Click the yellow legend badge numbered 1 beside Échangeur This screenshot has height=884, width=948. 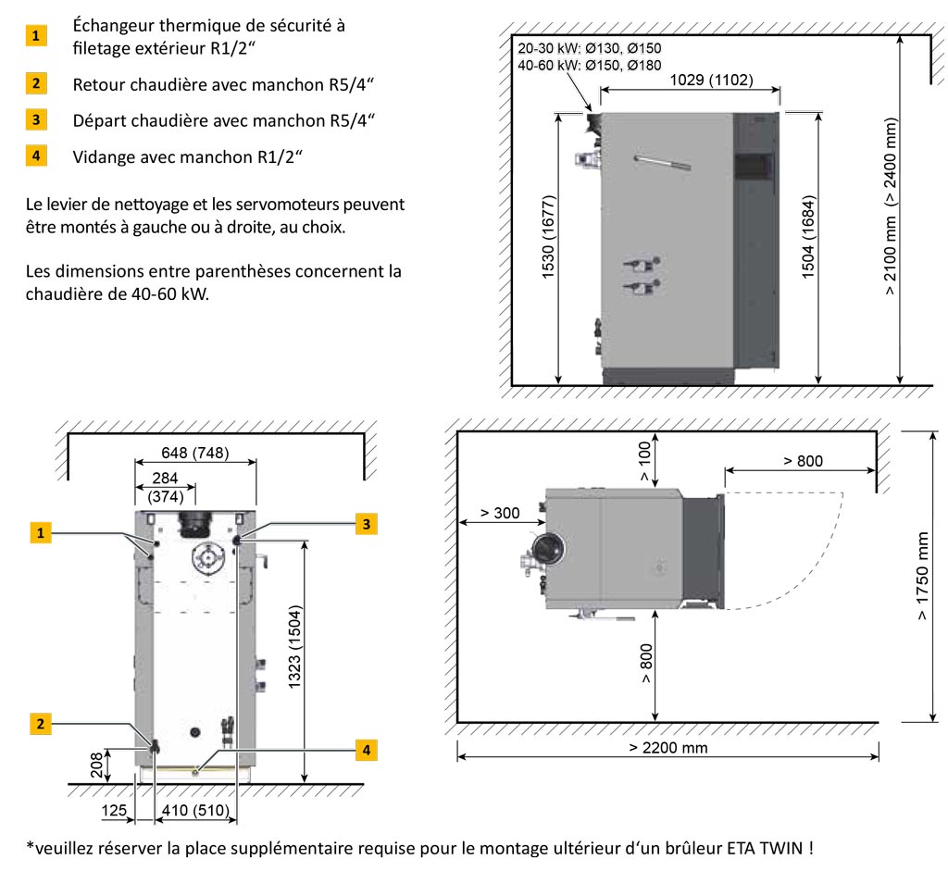click(x=35, y=37)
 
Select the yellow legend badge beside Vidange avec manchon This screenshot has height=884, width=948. click(x=35, y=156)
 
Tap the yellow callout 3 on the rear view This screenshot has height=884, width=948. click(x=367, y=524)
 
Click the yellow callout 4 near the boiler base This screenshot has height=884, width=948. click(x=367, y=750)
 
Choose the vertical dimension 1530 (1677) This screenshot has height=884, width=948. click(x=547, y=246)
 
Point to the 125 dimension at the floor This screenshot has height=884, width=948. click(x=115, y=812)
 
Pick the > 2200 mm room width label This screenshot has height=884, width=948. click(x=667, y=747)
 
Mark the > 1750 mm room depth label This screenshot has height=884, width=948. click(x=922, y=576)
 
